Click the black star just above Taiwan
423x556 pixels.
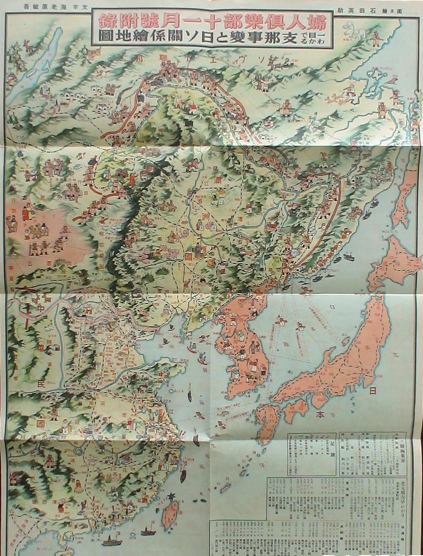tap(173, 496)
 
